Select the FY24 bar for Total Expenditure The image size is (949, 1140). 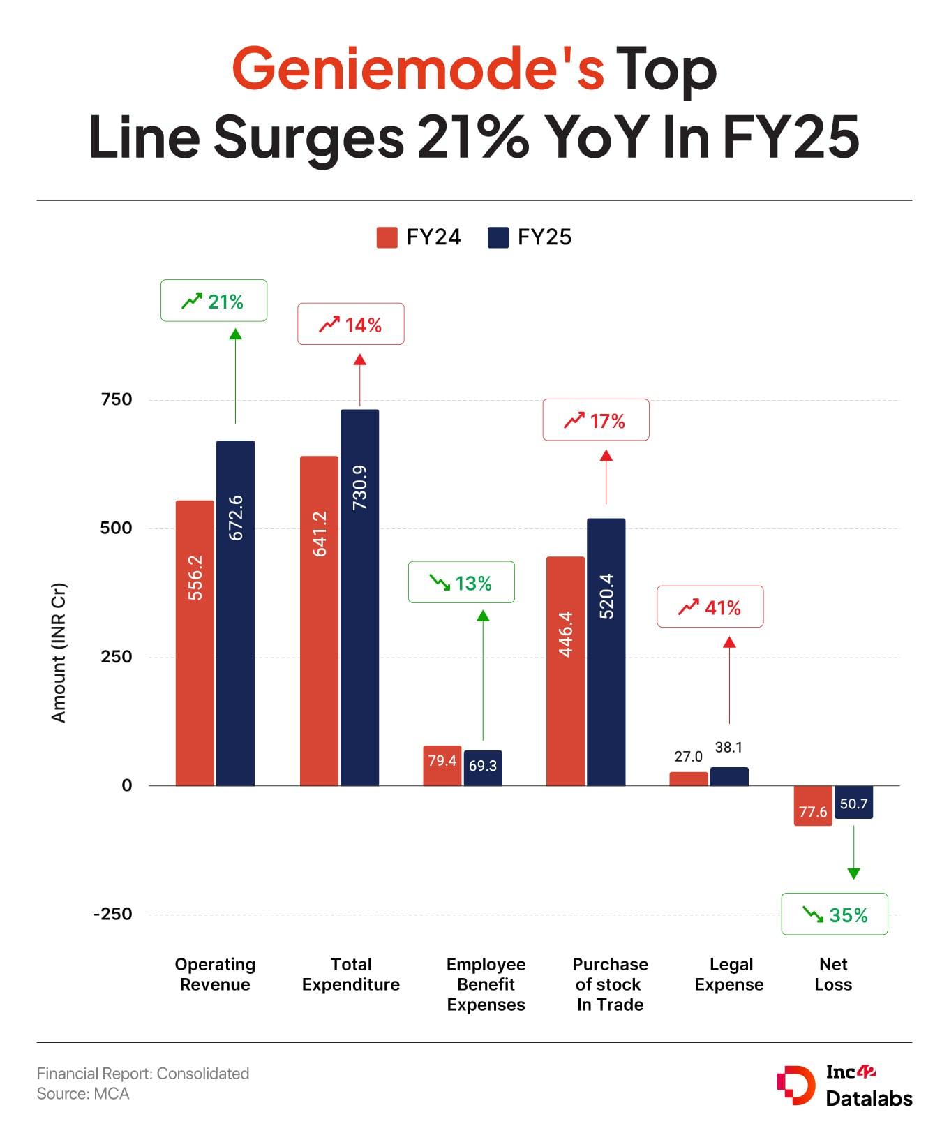(x=319, y=621)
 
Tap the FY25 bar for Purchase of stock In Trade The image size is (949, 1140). (x=606, y=652)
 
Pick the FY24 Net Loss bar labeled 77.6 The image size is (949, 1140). (x=813, y=806)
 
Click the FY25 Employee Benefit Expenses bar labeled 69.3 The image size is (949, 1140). (x=483, y=768)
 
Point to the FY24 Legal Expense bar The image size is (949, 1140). (x=688, y=778)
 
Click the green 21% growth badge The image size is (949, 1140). (x=214, y=301)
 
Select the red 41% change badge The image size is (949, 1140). (x=710, y=607)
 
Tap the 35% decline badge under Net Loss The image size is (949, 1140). (x=835, y=914)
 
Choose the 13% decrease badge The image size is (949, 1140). (x=461, y=582)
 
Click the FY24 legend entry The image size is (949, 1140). (x=419, y=237)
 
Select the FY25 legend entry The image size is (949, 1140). (x=530, y=237)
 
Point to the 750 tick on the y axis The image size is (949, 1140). (x=117, y=399)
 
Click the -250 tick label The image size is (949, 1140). (x=113, y=914)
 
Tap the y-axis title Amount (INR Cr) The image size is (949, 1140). (x=59, y=652)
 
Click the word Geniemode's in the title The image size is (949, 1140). (x=417, y=68)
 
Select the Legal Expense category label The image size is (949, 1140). (x=729, y=974)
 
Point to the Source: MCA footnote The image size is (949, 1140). (x=83, y=1094)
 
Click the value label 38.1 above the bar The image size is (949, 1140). (x=728, y=748)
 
